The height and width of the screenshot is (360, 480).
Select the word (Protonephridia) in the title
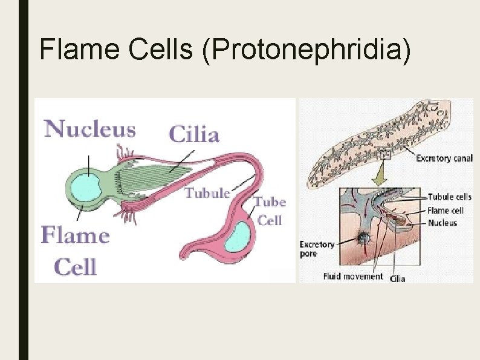[308, 49]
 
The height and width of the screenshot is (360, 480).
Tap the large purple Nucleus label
[90, 129]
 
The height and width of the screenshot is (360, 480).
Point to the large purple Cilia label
[193, 134]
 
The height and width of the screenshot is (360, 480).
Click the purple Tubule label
[207, 193]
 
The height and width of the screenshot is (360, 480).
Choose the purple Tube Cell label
[270, 211]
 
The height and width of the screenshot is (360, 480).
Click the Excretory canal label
[443, 159]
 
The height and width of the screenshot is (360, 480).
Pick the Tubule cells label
[449, 197]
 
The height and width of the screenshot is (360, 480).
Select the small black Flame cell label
[446, 210]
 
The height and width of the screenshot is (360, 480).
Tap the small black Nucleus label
[442, 223]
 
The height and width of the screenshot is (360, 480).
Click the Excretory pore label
[317, 249]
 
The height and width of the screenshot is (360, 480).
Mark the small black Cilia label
[397, 278]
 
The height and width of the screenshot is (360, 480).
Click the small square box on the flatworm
[386, 155]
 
